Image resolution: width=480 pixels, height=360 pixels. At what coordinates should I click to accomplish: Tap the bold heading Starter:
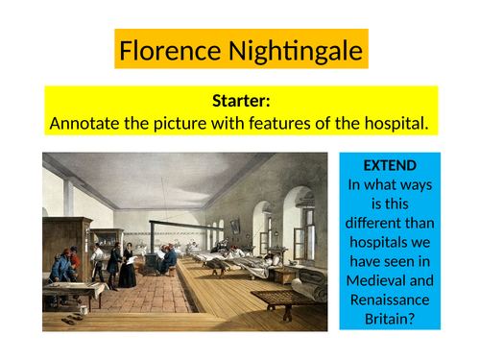(x=240, y=102)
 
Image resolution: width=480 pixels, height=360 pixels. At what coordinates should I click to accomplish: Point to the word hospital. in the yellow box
(x=395, y=124)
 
